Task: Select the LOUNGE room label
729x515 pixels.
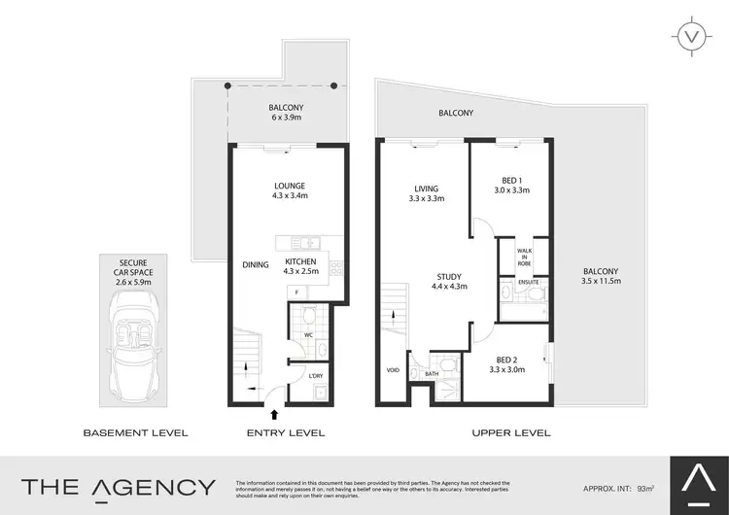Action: coord(290,186)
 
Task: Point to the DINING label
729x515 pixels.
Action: coord(257,263)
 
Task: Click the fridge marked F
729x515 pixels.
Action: coord(296,292)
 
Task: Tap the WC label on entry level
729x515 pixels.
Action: coord(308,335)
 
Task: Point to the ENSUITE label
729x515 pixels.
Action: coord(529,284)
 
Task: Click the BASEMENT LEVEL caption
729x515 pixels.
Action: coord(135,432)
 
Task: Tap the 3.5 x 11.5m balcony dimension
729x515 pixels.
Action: coord(599,282)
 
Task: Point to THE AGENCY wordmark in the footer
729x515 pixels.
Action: coord(119,487)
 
